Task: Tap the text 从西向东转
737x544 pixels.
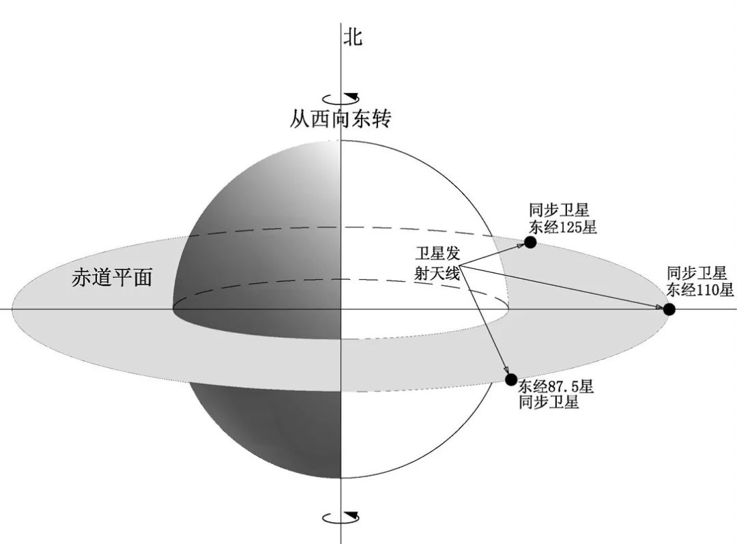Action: pyautogui.click(x=341, y=119)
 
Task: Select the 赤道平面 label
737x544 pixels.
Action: pyautogui.click(x=112, y=277)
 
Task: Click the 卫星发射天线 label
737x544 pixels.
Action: pyautogui.click(x=437, y=263)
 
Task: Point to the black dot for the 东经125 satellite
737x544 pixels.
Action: pyautogui.click(x=530, y=242)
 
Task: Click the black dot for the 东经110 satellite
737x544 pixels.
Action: pyautogui.click(x=669, y=309)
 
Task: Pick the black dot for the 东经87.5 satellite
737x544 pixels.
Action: pyautogui.click(x=511, y=380)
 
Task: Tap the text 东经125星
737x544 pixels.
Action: pyautogui.click(x=562, y=227)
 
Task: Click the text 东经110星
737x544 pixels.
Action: pyautogui.click(x=699, y=289)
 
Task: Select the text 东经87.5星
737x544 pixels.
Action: pyautogui.click(x=556, y=387)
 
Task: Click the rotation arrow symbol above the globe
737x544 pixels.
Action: pyautogui.click(x=341, y=98)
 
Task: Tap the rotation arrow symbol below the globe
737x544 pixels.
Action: pyautogui.click(x=341, y=517)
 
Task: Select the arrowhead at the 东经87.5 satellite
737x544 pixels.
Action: pyautogui.click(x=506, y=369)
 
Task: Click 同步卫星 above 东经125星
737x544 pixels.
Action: pyautogui.click(x=559, y=210)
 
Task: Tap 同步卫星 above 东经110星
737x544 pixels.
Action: pyautogui.click(x=697, y=273)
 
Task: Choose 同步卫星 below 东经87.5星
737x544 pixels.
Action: pyautogui.click(x=549, y=403)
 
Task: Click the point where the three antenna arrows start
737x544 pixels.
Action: pyautogui.click(x=460, y=266)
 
